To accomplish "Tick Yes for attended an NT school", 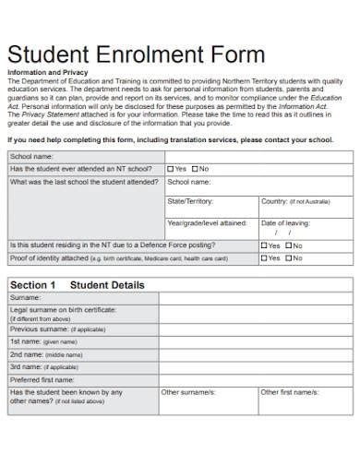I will point(170,169).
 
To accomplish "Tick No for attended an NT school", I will point(196,169).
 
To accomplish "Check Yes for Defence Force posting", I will point(264,245).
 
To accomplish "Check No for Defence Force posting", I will point(289,245).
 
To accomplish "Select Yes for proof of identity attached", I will point(264,258).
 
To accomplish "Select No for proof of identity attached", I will point(289,258).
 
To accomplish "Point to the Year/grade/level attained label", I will point(206,223).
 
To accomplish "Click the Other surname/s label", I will point(187,392).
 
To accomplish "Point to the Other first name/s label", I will point(289,392).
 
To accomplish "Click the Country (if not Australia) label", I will point(294,200).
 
